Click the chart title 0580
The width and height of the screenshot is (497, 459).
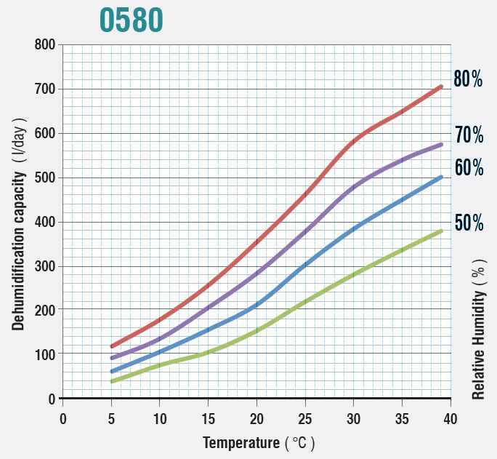(x=131, y=20)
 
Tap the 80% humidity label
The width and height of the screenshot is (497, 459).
(x=468, y=79)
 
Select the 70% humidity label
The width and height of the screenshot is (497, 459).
(x=469, y=135)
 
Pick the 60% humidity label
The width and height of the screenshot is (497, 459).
(x=469, y=168)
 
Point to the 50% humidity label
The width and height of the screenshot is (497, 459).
(x=469, y=223)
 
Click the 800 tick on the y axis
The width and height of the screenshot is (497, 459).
(x=45, y=45)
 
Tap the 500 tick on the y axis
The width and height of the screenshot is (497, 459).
(x=45, y=177)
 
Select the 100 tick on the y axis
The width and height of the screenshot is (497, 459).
(x=45, y=354)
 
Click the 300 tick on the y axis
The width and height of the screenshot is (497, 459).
(x=45, y=266)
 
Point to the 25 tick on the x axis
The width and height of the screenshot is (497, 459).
(x=305, y=418)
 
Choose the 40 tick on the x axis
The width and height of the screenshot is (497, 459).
(x=450, y=418)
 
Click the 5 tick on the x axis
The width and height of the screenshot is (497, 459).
(x=111, y=418)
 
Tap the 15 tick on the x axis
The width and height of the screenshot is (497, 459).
(x=208, y=418)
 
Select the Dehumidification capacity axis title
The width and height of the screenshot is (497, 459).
(x=20, y=223)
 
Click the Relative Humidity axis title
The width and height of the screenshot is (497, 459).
(x=478, y=331)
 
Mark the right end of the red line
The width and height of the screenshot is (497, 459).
(x=441, y=87)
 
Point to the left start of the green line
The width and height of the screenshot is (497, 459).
(x=112, y=381)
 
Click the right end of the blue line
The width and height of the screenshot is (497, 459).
(x=441, y=177)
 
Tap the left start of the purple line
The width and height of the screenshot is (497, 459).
(x=112, y=358)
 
